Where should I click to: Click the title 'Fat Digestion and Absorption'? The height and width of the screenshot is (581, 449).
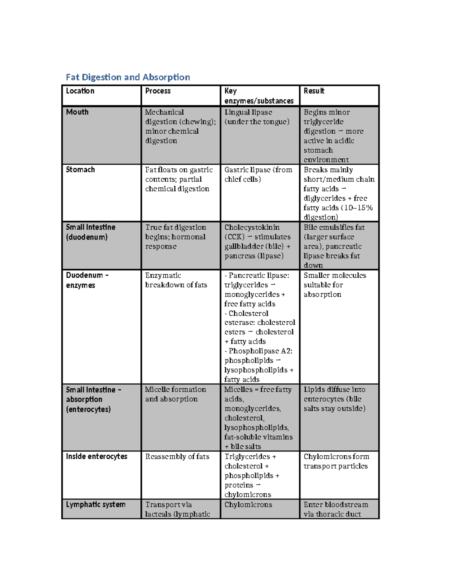128,77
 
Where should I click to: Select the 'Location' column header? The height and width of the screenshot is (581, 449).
80,91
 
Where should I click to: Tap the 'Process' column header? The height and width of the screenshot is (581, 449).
158,91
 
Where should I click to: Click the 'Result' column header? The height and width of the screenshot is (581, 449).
314,91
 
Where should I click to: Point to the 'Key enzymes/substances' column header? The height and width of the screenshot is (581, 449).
259,96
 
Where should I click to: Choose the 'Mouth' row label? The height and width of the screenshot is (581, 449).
77,112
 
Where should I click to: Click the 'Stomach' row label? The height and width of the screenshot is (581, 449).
80,169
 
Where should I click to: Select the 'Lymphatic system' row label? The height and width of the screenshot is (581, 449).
95,504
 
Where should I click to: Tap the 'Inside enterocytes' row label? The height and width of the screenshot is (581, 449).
97,456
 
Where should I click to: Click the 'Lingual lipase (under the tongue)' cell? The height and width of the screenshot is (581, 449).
257,117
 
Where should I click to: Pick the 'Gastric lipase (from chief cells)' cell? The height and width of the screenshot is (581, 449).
258,174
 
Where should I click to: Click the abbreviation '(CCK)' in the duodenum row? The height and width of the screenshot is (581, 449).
234,237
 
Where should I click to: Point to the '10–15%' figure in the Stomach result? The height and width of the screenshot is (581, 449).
358,208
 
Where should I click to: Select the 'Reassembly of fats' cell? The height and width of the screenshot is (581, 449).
177,456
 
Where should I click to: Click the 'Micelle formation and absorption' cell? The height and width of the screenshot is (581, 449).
175,394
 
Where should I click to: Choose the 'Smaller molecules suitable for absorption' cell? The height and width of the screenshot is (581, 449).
335,285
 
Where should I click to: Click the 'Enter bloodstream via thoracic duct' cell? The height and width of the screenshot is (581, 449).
335,509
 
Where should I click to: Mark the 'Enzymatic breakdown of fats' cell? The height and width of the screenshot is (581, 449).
176,280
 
